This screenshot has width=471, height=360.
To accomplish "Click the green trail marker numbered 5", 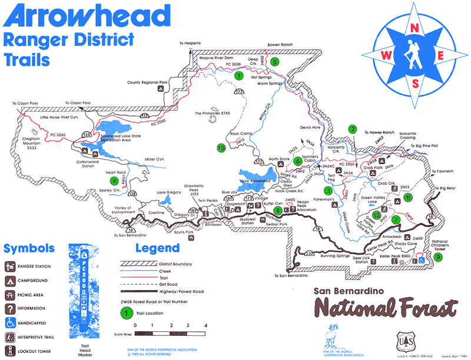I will pos(275,61).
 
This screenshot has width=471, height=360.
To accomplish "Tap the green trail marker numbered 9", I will pos(439,257).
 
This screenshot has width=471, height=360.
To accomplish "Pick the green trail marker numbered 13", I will pos(221,149).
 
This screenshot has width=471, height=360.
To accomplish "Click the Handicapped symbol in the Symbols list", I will pos(9,322).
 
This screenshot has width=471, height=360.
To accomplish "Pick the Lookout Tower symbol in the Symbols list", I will pos(9,351).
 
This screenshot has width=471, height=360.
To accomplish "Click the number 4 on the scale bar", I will pos(205,325).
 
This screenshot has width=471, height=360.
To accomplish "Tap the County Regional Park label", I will pos(148,82).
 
